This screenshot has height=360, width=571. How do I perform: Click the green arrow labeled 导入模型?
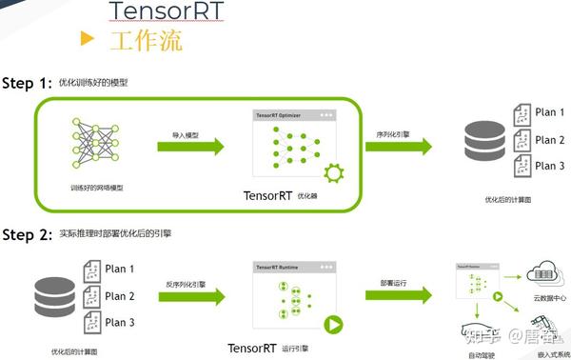tap(190, 146)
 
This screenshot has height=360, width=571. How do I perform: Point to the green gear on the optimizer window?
tap(333, 173)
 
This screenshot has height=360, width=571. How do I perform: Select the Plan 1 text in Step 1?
tap(550, 112)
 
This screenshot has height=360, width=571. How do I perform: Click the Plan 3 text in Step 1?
tap(550, 166)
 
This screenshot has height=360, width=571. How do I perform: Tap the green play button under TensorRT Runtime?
tap(333, 325)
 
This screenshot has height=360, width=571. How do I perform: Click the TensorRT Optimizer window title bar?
tap(294, 114)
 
